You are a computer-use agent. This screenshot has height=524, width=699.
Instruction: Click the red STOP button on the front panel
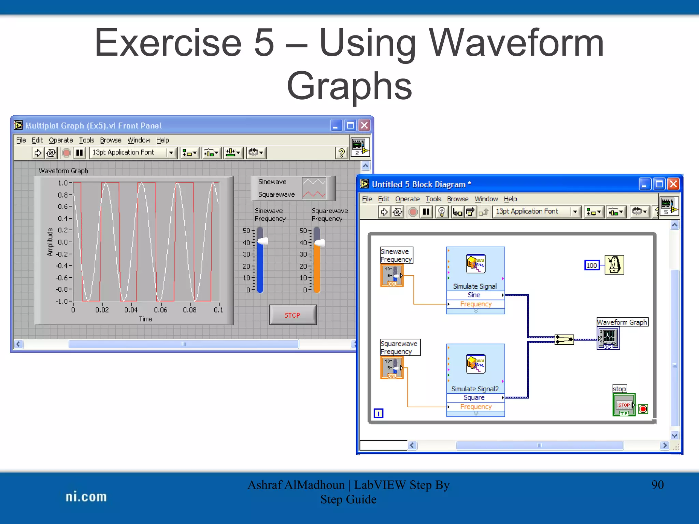(x=293, y=315)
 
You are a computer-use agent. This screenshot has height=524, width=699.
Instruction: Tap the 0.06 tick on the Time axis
(x=160, y=310)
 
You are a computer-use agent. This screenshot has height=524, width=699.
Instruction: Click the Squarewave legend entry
(x=276, y=194)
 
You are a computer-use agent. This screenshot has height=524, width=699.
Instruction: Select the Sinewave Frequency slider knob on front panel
(x=262, y=242)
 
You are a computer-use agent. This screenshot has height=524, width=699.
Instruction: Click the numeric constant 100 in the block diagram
(x=591, y=265)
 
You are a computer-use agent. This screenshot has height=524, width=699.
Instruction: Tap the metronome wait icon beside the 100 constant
(x=614, y=265)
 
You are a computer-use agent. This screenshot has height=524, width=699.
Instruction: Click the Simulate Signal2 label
(x=475, y=389)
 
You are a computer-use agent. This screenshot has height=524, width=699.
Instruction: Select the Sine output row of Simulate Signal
(x=474, y=295)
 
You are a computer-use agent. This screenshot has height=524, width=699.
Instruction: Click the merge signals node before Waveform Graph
(x=564, y=339)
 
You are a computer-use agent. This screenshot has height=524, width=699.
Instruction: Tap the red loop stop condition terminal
(x=643, y=409)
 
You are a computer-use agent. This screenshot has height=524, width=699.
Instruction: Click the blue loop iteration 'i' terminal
(x=378, y=413)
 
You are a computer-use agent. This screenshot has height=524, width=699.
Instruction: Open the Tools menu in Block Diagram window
(x=433, y=199)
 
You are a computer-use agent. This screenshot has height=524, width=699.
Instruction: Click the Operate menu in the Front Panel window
(x=61, y=140)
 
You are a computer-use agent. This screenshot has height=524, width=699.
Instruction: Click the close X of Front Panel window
(x=365, y=125)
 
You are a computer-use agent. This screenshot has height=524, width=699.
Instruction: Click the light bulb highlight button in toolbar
(x=442, y=212)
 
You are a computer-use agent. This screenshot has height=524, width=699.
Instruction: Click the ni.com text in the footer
(x=86, y=497)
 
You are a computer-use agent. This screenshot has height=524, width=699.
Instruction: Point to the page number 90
(x=657, y=485)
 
